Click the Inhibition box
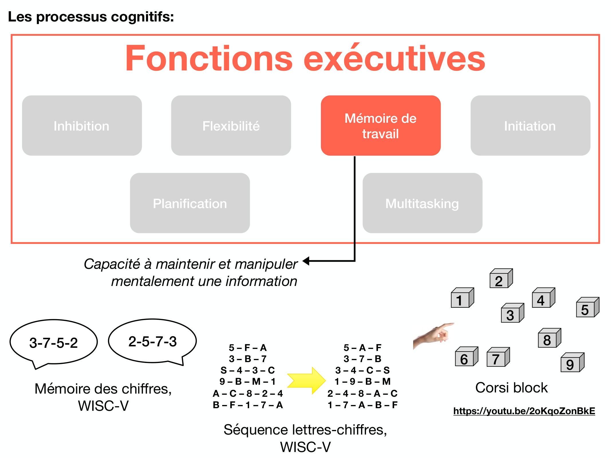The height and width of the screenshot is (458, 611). click(x=82, y=126)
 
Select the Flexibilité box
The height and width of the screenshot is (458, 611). click(x=231, y=126)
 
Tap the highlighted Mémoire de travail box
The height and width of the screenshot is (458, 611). click(x=381, y=126)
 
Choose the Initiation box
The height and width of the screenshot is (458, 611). click(x=530, y=126)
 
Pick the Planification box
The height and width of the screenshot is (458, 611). click(x=190, y=203)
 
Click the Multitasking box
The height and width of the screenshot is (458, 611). click(x=422, y=203)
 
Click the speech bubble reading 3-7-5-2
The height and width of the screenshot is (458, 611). click(x=54, y=342)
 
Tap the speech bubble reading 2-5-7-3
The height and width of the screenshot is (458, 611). click(x=152, y=341)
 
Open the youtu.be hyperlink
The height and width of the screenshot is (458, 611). click(x=524, y=411)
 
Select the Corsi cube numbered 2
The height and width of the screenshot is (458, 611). click(x=501, y=279)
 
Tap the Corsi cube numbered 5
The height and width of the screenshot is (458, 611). click(x=587, y=308)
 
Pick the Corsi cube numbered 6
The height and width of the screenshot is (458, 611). click(x=466, y=357)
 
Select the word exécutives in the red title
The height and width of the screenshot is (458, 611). click(x=394, y=59)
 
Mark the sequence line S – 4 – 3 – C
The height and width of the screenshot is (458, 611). click(x=247, y=370)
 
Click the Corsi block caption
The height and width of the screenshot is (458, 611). click(x=511, y=388)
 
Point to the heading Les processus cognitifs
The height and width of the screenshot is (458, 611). click(x=91, y=17)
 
